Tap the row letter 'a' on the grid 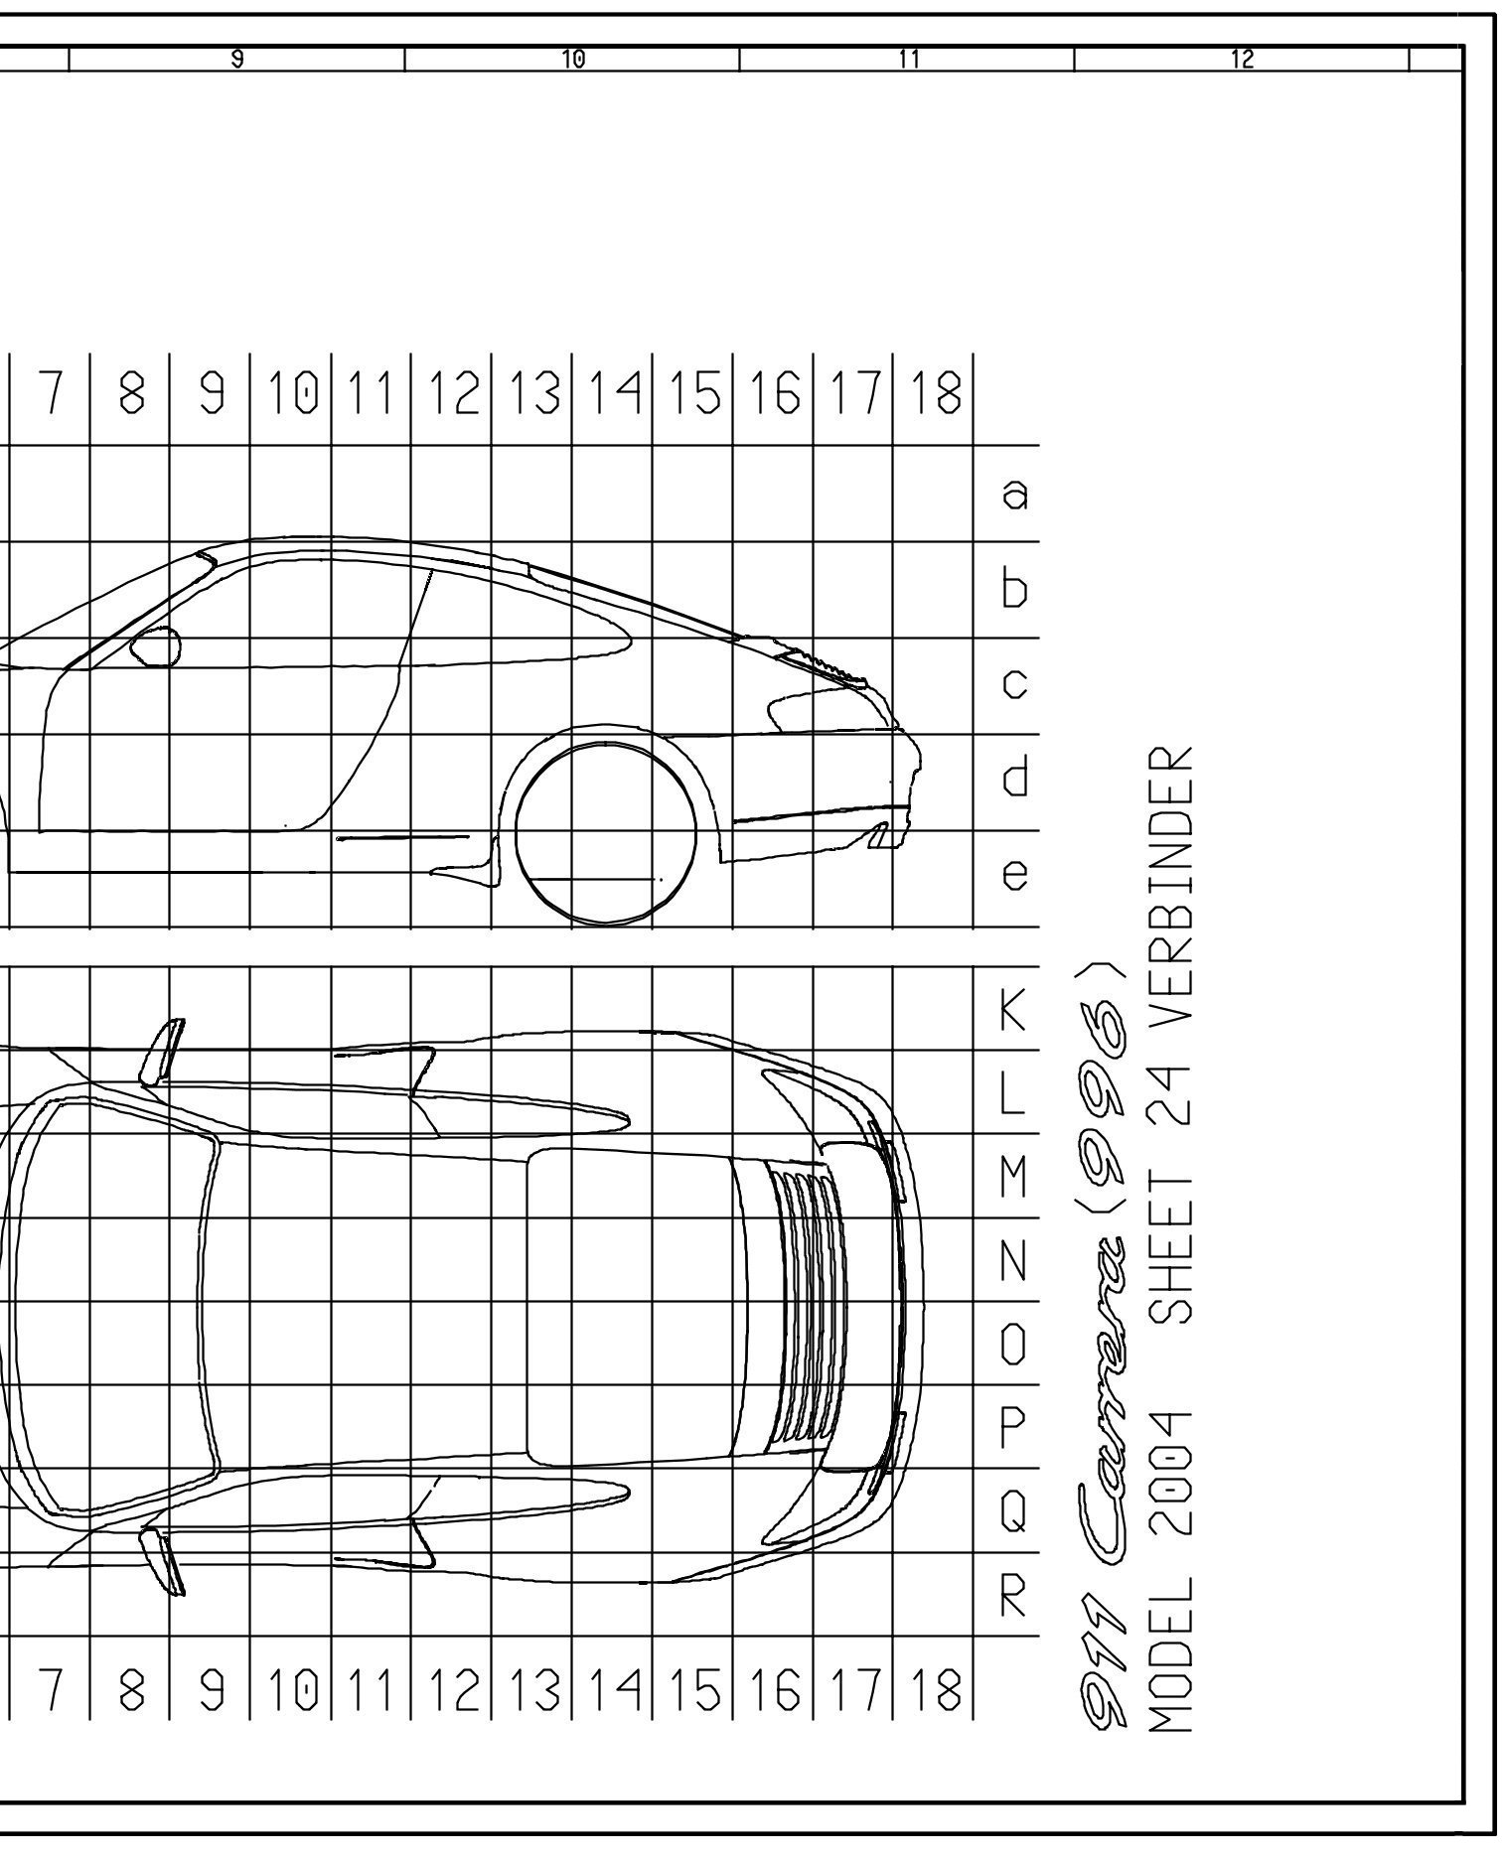pos(1014,494)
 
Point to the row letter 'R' pos(1012,1596)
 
